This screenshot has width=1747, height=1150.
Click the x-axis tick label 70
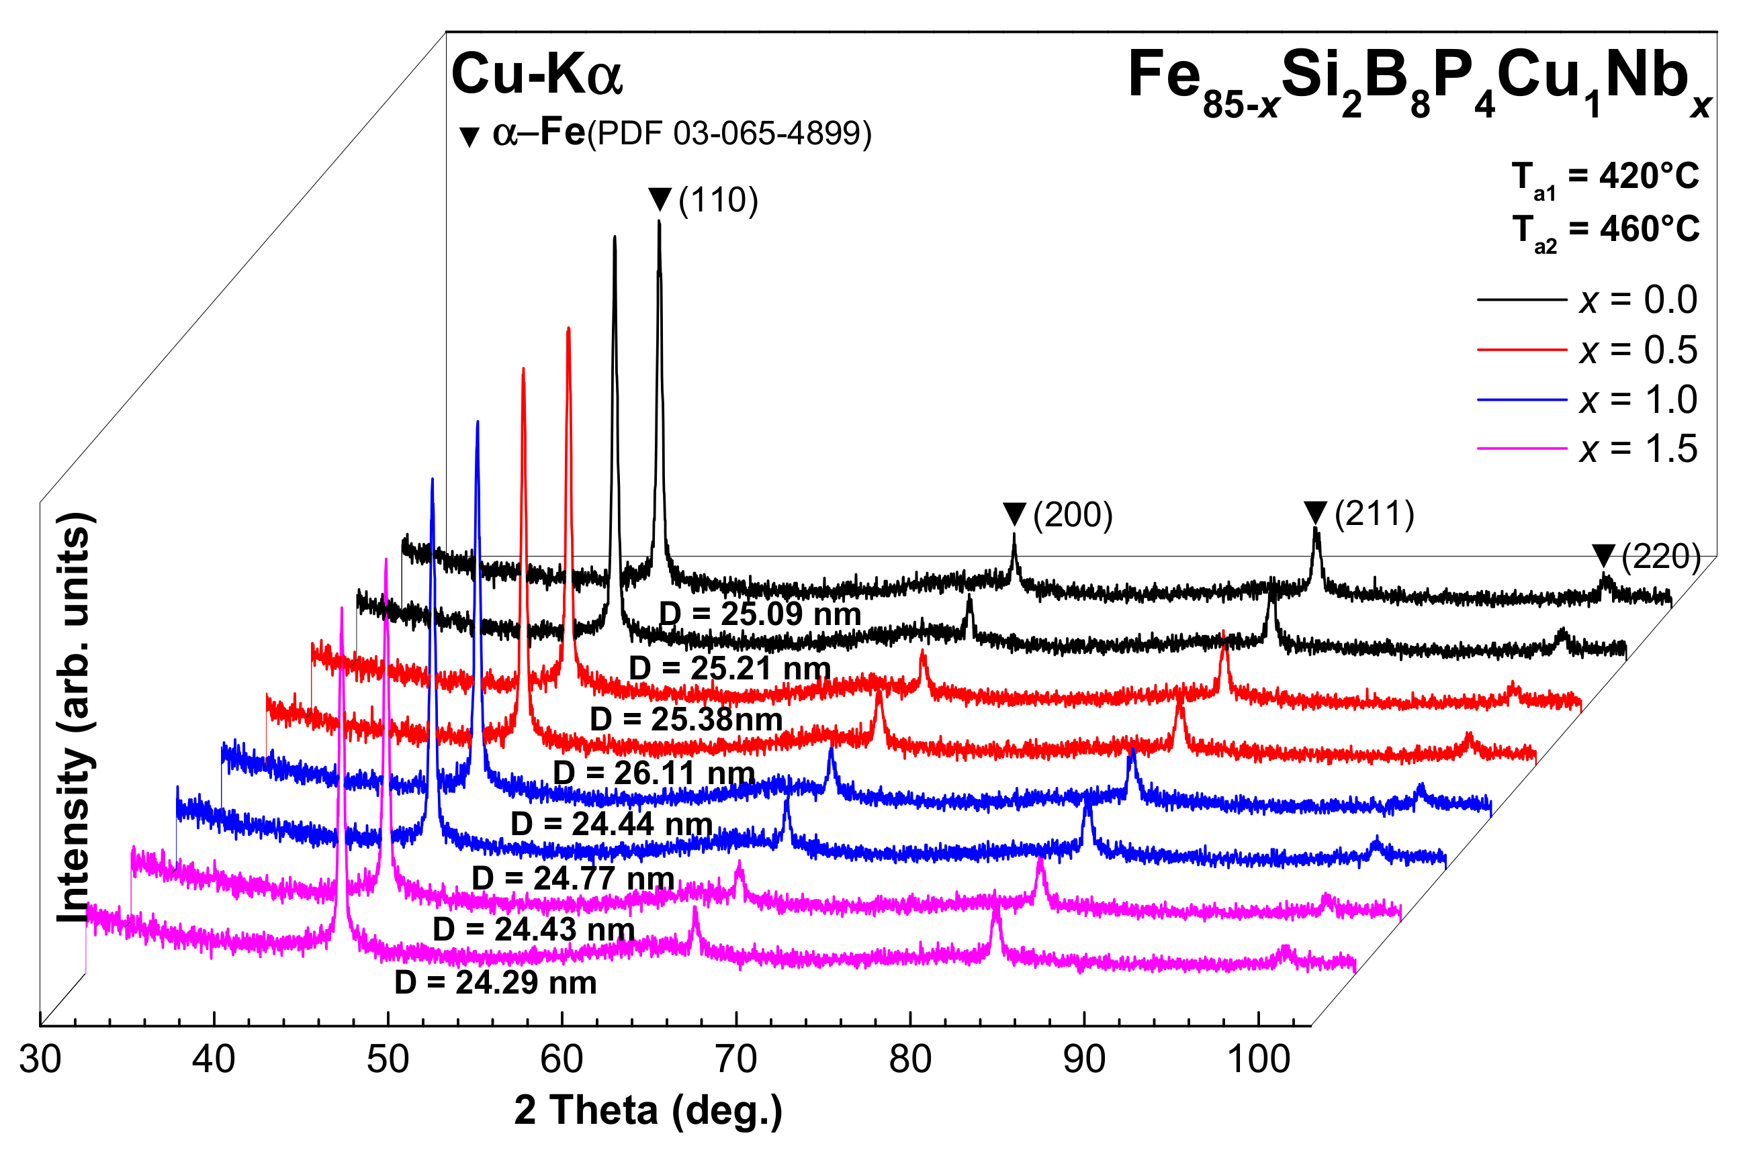coord(735,1059)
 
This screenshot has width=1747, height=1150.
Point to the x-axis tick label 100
coord(1258,1059)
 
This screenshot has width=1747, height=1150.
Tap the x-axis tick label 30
coord(40,1059)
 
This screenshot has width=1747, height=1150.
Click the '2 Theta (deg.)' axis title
coord(648,1110)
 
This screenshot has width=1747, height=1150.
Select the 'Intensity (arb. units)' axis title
coord(75,717)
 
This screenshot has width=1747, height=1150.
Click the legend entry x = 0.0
coord(1638,299)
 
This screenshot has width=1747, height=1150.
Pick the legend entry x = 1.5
coord(1638,448)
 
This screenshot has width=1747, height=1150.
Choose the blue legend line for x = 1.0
coord(1521,400)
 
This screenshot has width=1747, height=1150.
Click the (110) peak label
coord(718,200)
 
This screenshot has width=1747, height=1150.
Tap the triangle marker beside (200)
coord(1014,513)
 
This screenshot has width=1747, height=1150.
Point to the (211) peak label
coord(1374,514)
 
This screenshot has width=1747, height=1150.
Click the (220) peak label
coord(1660,557)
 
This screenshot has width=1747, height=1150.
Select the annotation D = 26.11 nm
coord(654,773)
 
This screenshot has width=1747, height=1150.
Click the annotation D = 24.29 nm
coord(496,983)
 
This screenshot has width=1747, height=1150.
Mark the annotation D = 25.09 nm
coord(760,614)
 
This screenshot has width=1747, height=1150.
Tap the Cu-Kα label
coord(537,74)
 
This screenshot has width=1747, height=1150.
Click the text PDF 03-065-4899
coord(729,134)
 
